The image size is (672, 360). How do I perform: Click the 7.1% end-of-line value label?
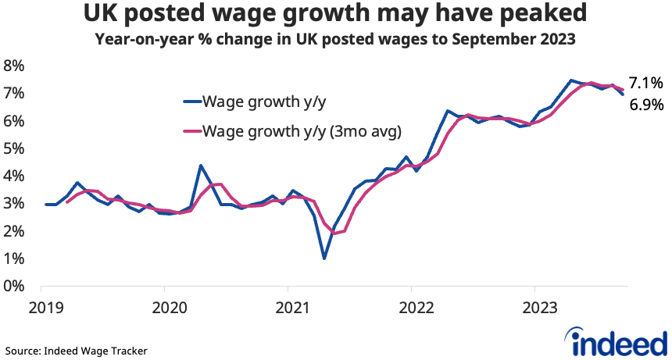(x=646, y=83)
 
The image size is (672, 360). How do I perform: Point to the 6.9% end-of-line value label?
(x=646, y=104)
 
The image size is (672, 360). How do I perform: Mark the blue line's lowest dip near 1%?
(x=323, y=258)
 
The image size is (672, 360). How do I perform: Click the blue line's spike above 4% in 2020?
(x=201, y=166)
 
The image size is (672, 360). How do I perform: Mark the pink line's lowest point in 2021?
(x=334, y=233)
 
